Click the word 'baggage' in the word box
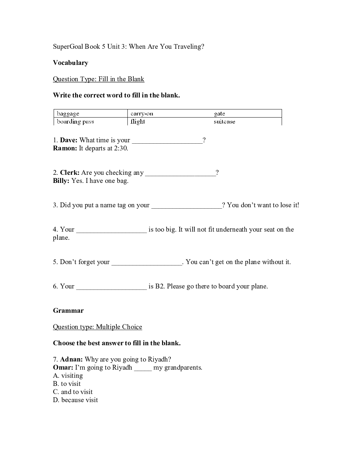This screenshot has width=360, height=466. [x=68, y=114]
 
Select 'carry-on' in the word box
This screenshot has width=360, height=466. [x=142, y=114]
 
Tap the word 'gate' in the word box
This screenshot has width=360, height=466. [x=220, y=114]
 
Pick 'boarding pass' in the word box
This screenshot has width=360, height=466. [x=76, y=121]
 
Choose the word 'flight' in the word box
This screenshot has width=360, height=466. [x=138, y=121]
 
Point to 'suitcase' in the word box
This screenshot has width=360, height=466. [x=224, y=121]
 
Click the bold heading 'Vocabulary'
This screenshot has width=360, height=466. [x=71, y=63]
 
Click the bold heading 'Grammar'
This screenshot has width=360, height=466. [x=68, y=311]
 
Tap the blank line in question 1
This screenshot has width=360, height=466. [x=167, y=141]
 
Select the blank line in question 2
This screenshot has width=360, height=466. [x=180, y=174]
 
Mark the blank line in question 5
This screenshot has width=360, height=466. [x=147, y=263]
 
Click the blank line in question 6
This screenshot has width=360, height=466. [x=112, y=287]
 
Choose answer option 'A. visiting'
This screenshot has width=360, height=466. [x=68, y=376]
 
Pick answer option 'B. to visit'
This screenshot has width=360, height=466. [x=67, y=384]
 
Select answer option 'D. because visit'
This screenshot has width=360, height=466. [x=76, y=400]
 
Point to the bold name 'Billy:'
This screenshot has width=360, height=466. [x=61, y=181]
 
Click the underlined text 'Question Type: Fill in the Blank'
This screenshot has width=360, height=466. [x=98, y=79]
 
